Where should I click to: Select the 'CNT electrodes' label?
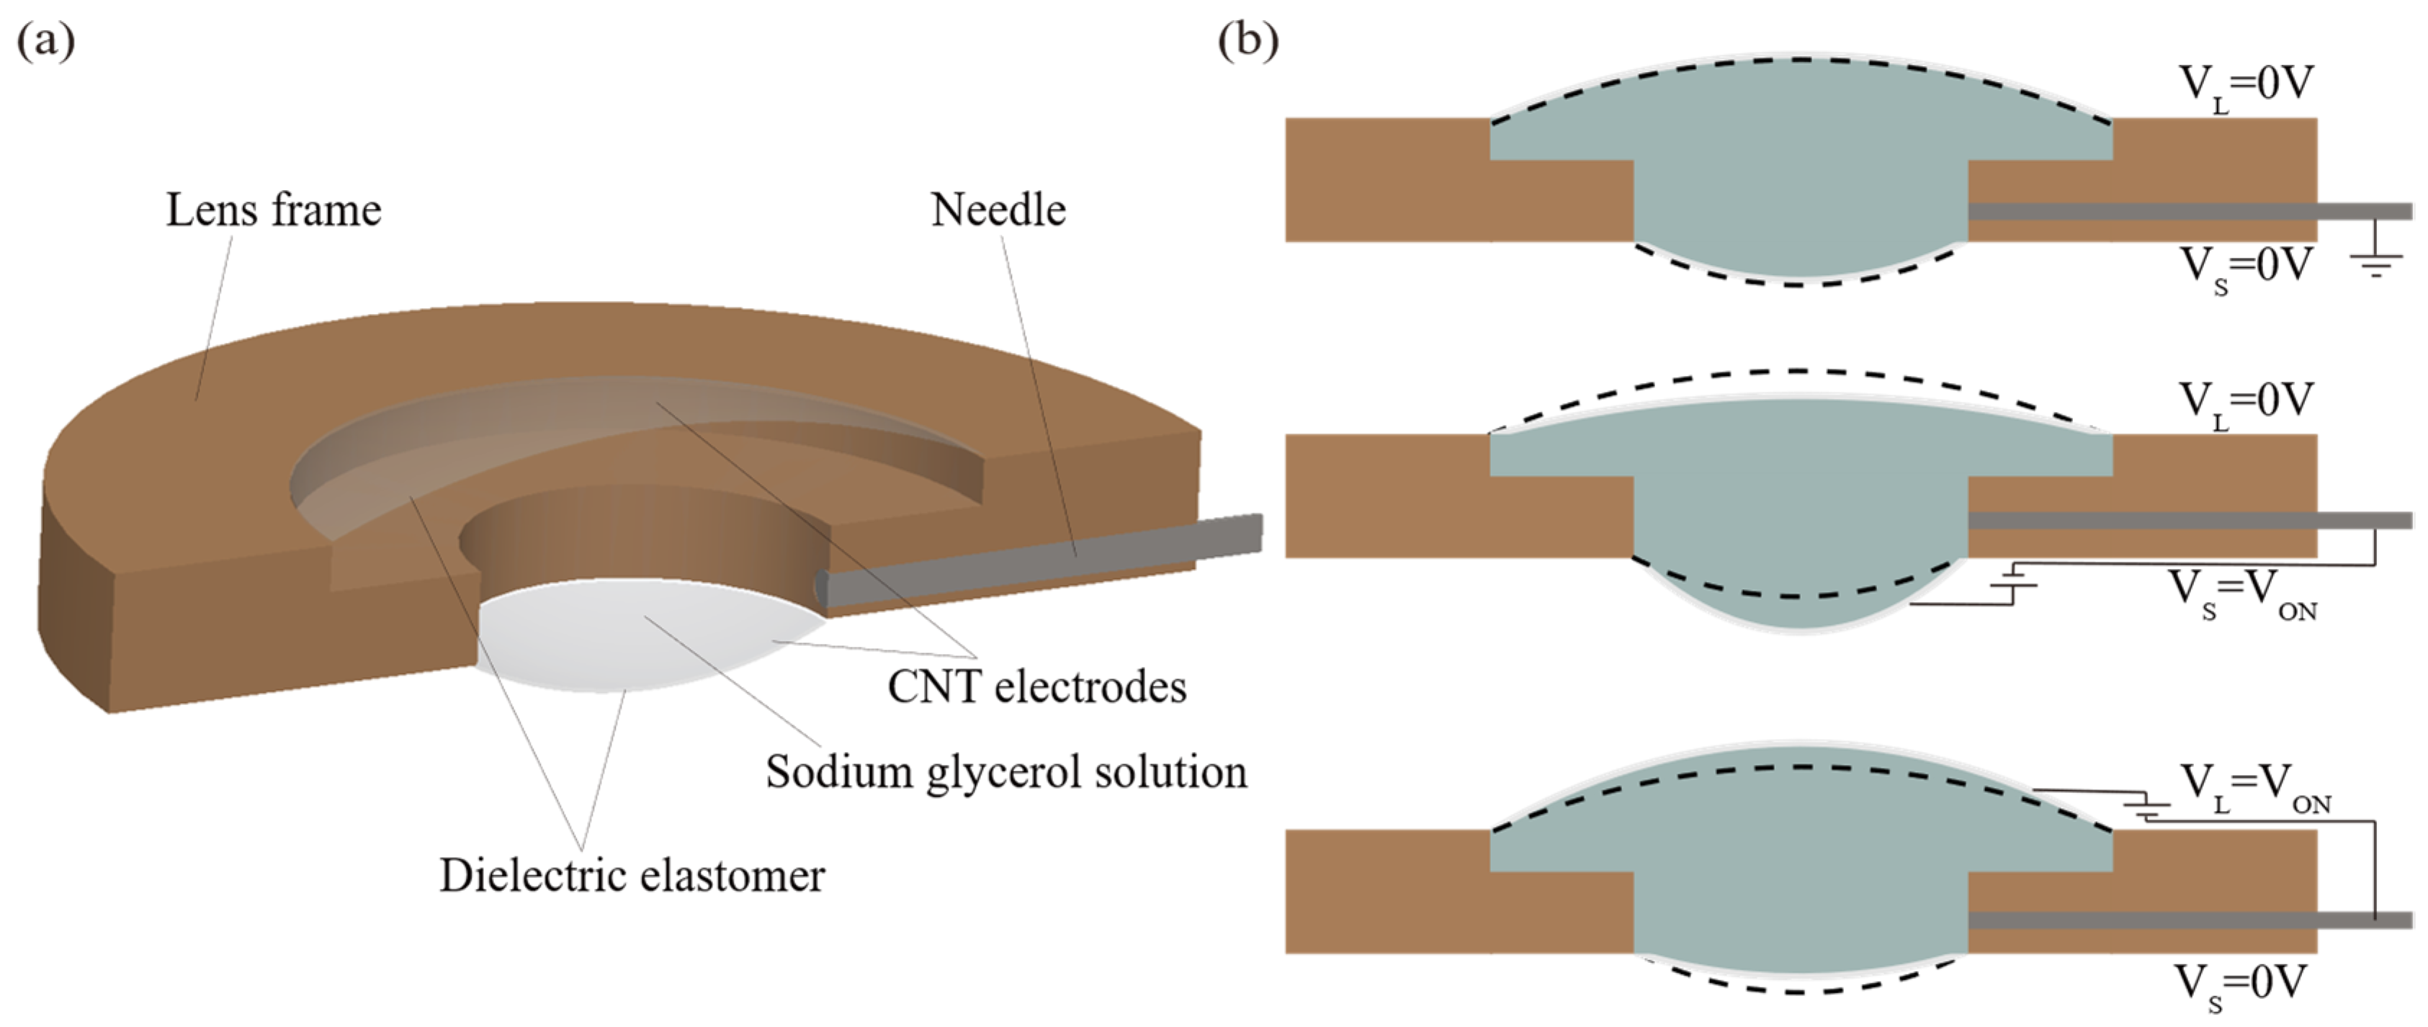1036,687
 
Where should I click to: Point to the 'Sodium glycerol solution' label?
1005,771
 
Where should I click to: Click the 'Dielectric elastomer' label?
632,875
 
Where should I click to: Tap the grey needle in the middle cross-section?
2187,520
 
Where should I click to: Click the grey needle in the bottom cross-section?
2187,920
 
